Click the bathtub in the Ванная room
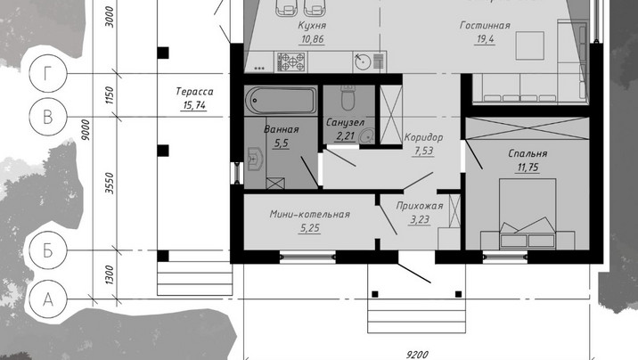tap(281, 101)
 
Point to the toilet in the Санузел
tap(348, 98)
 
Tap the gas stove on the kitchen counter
tap(290, 61)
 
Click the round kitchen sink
tap(362, 61)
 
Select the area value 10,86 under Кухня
tap(313, 39)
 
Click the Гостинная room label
tap(485, 25)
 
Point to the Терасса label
tap(194, 92)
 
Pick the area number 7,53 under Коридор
tap(423, 151)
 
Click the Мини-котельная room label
tap(309, 215)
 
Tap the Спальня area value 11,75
tap(528, 168)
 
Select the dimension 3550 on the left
tap(110, 183)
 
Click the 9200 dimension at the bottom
tap(417, 355)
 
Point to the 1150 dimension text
tap(110, 94)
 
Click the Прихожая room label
tap(420, 206)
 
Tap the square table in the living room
tap(530, 45)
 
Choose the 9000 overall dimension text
tap(86, 130)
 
